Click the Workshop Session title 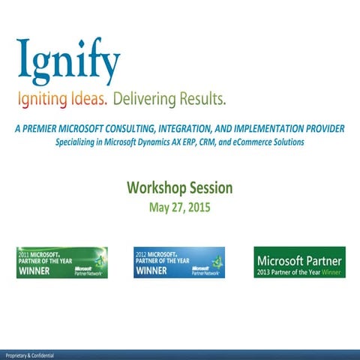click(x=179, y=187)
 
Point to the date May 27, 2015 click(x=179, y=206)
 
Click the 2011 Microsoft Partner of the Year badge click(x=61, y=262)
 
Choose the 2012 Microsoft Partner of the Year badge click(x=178, y=262)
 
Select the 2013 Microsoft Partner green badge click(x=299, y=262)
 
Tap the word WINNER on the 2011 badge click(x=34, y=271)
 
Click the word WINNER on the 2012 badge click(x=151, y=271)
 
